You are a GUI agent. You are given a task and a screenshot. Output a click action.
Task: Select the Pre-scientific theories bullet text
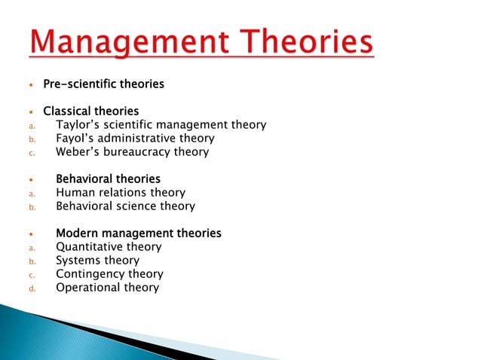click(103, 84)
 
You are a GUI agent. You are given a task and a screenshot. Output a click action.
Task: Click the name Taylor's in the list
click(78, 125)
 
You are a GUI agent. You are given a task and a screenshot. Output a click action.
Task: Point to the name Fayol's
click(76, 139)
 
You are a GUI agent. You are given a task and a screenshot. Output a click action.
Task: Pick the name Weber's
click(78, 151)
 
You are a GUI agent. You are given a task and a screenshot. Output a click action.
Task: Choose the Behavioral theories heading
click(108, 179)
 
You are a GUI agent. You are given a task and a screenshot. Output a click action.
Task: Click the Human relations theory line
click(120, 193)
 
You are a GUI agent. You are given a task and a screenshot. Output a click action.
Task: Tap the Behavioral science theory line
click(125, 206)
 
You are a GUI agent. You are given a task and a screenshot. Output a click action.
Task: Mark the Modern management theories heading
click(139, 233)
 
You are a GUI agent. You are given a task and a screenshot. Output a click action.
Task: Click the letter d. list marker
click(32, 288)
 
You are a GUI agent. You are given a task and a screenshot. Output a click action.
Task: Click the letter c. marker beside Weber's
click(32, 152)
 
